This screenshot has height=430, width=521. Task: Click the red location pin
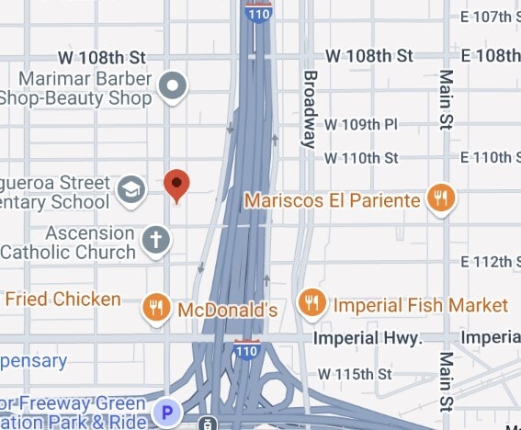[177, 185]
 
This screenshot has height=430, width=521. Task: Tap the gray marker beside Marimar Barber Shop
[173, 87]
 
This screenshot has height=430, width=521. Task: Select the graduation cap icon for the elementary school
[132, 190]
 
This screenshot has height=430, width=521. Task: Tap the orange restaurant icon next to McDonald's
[157, 308]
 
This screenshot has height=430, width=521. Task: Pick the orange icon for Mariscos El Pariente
[441, 198]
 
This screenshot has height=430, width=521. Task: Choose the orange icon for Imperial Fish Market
[313, 302]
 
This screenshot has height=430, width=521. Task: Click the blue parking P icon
[167, 412]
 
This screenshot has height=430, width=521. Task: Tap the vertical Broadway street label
[310, 108]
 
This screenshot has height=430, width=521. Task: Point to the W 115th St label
[355, 375]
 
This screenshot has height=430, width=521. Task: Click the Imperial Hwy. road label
[367, 339]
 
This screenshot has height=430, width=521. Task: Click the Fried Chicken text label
[62, 300]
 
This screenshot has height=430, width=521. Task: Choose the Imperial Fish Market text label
[420, 304]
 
